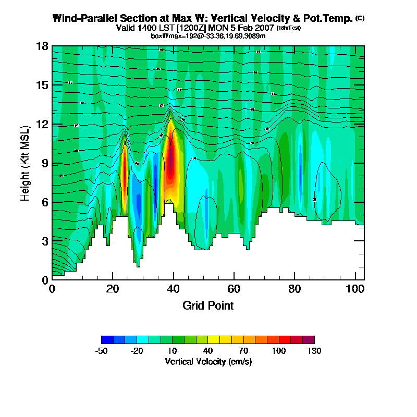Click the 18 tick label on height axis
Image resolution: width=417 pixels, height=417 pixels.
click(42, 46)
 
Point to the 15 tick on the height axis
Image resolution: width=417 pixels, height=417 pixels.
click(42, 85)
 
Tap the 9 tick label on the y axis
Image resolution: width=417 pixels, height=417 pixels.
click(45, 163)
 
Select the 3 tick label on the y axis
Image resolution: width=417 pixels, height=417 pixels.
click(45, 241)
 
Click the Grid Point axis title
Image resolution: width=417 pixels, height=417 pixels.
click(208, 305)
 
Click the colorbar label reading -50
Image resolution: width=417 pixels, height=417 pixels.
click(101, 351)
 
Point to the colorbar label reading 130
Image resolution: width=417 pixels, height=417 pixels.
click(314, 351)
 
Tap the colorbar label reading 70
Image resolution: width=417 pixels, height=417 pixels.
click(243, 351)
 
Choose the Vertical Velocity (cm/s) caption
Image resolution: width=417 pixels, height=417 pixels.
click(208, 361)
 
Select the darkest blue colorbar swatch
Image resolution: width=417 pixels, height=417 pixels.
click(107, 339)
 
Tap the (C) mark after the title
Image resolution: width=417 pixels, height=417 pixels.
click(360, 18)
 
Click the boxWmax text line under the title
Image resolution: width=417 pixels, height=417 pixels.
click(208, 35)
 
